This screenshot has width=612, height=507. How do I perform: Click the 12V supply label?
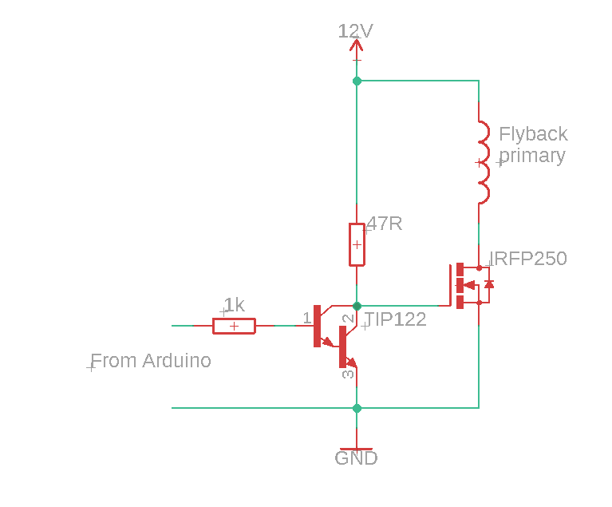coord(355,31)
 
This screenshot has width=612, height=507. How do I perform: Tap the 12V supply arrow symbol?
coord(357,49)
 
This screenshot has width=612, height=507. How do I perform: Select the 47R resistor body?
coord(357,244)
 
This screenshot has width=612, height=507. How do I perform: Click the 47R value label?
coord(385,224)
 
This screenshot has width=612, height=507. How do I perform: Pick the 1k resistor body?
coord(234,326)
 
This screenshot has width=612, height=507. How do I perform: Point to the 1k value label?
coord(234,305)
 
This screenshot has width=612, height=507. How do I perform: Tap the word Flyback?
coord(533,133)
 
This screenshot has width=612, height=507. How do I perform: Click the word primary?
coord(531,156)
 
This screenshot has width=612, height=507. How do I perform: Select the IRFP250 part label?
coord(528,259)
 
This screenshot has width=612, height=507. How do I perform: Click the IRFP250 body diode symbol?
coord(488,283)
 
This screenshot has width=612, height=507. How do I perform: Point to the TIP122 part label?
coord(395,320)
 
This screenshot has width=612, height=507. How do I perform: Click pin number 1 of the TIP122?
coord(306,318)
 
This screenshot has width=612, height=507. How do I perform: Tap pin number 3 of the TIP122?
coord(347,373)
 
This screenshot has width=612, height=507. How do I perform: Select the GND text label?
coord(356,458)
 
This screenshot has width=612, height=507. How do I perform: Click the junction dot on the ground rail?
coord(357,408)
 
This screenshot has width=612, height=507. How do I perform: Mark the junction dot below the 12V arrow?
coord(357,81)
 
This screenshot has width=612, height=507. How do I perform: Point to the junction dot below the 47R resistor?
coord(357,305)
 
